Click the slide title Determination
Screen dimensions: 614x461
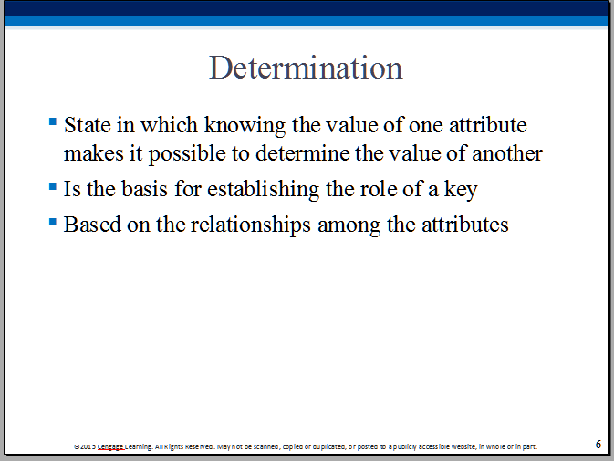coord(306,68)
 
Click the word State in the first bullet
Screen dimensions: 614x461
coord(88,125)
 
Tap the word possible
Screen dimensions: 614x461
coord(187,154)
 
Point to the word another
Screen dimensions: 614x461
coord(507,153)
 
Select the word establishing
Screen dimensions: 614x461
coord(263,190)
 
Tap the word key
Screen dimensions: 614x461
coord(461,190)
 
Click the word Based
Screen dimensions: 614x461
coord(92,225)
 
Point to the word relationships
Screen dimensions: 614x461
coord(251,225)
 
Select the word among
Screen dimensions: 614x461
coord(349,226)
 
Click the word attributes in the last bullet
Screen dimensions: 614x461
coord(464,225)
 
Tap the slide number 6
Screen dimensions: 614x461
coord(598,445)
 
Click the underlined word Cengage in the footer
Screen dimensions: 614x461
coord(110,447)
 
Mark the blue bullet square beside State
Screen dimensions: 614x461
coord(53,121)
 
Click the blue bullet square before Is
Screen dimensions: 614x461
coord(53,186)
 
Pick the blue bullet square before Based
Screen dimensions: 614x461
coord(53,222)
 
